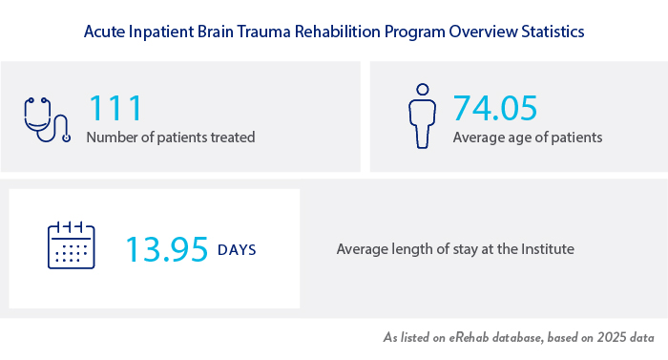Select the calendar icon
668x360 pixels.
[x=73, y=247]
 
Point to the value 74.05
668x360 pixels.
[x=495, y=108]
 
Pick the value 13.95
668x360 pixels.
[x=167, y=249]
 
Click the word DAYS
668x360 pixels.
[x=237, y=250]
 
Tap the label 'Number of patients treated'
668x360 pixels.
[x=171, y=138]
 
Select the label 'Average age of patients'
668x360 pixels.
[x=528, y=138]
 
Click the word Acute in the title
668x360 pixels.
[x=103, y=32]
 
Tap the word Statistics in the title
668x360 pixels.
[x=551, y=32]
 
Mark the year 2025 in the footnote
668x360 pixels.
[x=608, y=339]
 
